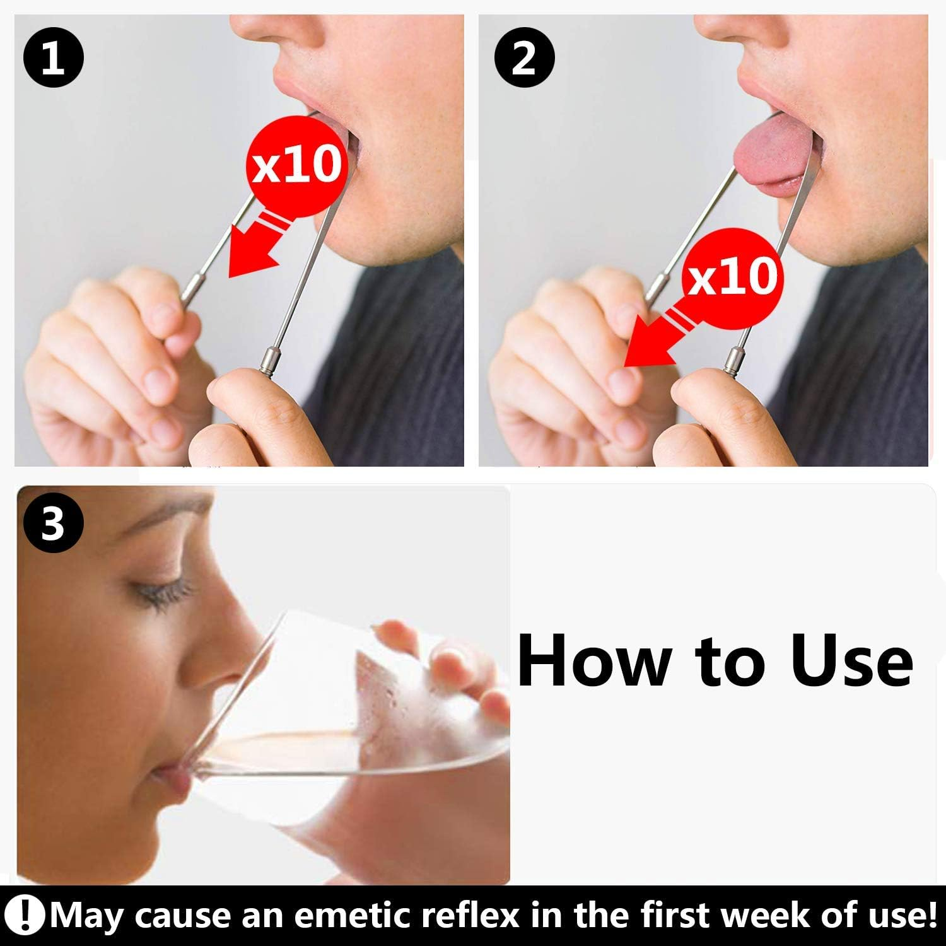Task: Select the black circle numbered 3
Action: (x=54, y=523)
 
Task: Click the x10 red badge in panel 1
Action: (x=297, y=166)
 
